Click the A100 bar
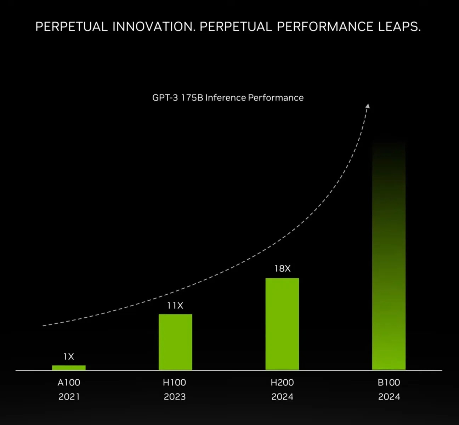[x=69, y=368]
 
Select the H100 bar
[x=175, y=342]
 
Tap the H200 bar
[x=282, y=324]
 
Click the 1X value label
[x=69, y=357]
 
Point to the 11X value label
[x=175, y=306]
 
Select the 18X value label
[x=282, y=269]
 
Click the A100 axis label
[x=69, y=382]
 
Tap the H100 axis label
[x=174, y=382]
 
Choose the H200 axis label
[x=282, y=382]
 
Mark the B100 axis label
[x=389, y=382]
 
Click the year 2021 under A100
[x=69, y=397]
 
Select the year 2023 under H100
[x=175, y=397]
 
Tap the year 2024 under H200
[x=282, y=397]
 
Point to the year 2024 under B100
[x=389, y=397]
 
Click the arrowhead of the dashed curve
[x=368, y=106]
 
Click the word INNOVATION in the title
[x=154, y=27]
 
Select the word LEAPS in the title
[x=399, y=27]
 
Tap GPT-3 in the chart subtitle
[x=165, y=98]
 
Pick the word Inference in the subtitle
[x=225, y=98]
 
